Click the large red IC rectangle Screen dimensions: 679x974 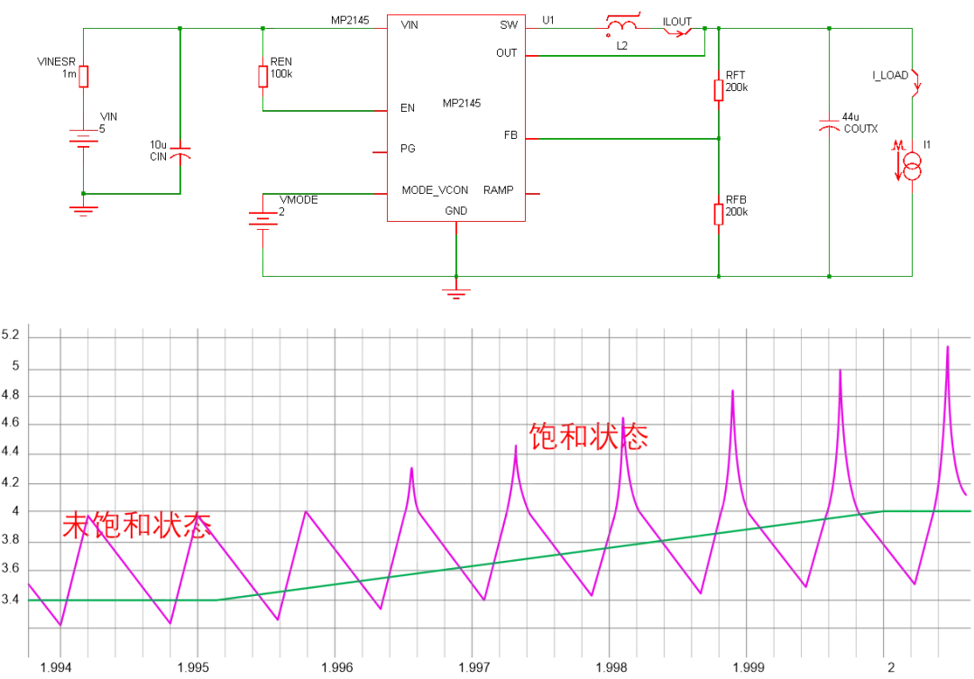click(455, 116)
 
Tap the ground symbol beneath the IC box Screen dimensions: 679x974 click(457, 291)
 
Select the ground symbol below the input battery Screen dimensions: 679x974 click(84, 208)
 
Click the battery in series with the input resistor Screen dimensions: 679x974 click(84, 138)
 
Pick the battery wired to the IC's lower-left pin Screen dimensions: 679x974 click(263, 220)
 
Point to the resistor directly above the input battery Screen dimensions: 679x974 click(84, 78)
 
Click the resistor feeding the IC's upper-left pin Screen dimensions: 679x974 click(263, 77)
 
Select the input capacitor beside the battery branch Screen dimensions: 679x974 click(181, 152)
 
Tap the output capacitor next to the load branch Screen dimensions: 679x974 click(830, 125)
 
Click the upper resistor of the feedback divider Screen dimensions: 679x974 click(719, 91)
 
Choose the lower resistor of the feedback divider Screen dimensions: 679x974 click(719, 216)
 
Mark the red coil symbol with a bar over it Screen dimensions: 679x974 click(621, 24)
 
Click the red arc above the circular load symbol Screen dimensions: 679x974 click(914, 83)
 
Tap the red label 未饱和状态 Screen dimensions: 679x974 click(139, 526)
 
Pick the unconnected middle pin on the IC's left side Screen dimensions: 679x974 click(377, 155)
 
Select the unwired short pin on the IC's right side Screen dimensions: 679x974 click(533, 192)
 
